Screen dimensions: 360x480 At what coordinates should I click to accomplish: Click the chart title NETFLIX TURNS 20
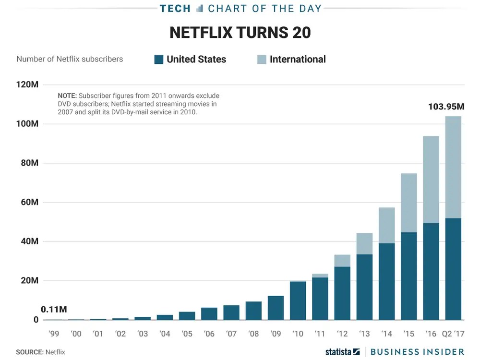tap(240, 33)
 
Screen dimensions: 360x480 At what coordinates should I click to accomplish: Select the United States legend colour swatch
tap(159, 60)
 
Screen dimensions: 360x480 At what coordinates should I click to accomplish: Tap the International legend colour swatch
tap(262, 60)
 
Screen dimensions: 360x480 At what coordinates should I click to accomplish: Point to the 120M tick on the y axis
tap(28, 84)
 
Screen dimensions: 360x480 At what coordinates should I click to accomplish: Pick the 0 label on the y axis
tap(36, 320)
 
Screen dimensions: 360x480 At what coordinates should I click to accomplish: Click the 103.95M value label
tap(446, 107)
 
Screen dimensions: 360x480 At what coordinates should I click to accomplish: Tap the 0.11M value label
tap(54, 309)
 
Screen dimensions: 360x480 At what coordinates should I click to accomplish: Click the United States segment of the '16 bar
tap(431, 271)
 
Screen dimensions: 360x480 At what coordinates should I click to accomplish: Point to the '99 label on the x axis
tap(54, 334)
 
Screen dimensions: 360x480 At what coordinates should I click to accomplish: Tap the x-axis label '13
tap(364, 334)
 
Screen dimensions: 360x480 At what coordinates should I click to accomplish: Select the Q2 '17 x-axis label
tap(453, 334)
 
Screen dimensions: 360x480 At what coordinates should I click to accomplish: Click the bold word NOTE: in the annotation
tap(67, 96)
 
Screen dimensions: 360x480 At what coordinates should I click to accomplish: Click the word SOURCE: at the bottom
tap(29, 352)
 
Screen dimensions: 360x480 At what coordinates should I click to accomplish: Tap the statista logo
tap(342, 352)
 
